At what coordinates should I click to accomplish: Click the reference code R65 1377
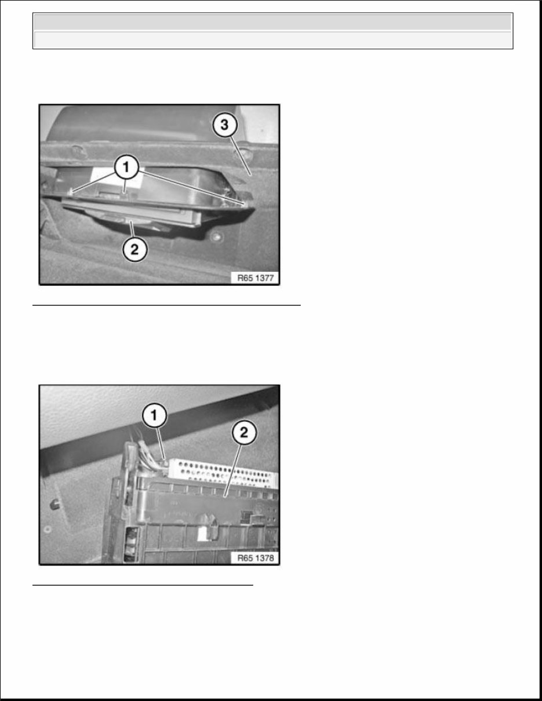[257, 278]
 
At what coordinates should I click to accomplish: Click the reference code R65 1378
[257, 558]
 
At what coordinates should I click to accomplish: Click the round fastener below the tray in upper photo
[216, 237]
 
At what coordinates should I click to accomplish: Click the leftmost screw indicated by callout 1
[71, 190]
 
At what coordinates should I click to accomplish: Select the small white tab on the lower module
[205, 534]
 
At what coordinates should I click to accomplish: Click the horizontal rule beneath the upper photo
[167, 304]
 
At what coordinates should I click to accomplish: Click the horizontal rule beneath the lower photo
[143, 585]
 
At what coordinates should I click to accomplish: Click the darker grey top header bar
[272, 22]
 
